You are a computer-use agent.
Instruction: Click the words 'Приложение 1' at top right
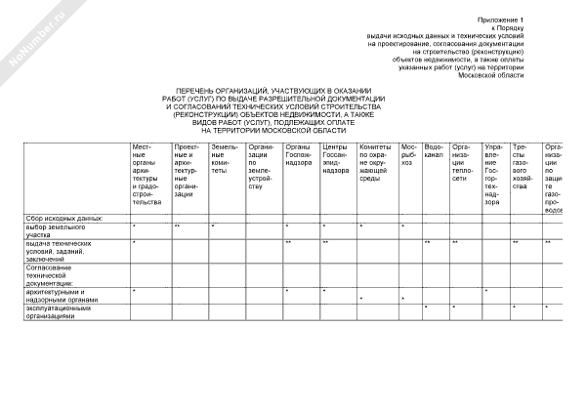[501, 20]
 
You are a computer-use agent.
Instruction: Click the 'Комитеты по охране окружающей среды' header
[375, 166]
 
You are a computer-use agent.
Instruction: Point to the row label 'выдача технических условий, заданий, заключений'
[61, 250]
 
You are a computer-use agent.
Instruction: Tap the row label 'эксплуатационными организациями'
[61, 311]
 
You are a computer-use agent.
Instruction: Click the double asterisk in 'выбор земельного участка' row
[177, 226]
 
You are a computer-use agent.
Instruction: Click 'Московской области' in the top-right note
[497, 74]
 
